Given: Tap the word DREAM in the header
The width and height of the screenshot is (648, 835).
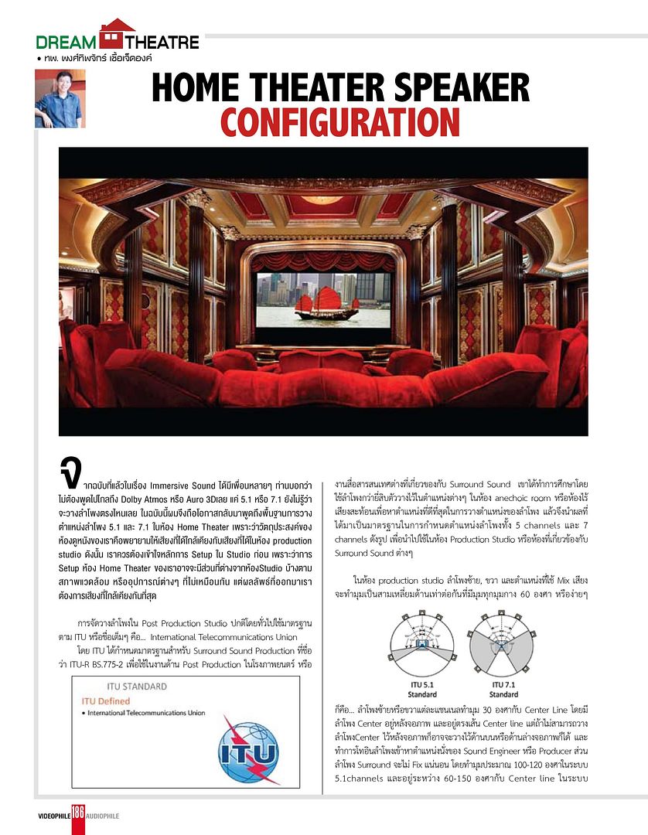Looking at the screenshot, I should click(67, 42).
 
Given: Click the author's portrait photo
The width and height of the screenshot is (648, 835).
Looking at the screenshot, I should click(58, 99).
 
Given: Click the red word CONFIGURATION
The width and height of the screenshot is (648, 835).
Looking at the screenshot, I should click(340, 122).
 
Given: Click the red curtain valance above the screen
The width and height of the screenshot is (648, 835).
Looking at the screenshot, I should click(323, 261).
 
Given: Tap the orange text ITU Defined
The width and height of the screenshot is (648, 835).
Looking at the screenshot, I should click(110, 700).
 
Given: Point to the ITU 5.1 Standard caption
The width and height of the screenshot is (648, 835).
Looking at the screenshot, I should click(422, 689).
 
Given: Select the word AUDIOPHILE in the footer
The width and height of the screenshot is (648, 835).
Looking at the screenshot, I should click(103, 816).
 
